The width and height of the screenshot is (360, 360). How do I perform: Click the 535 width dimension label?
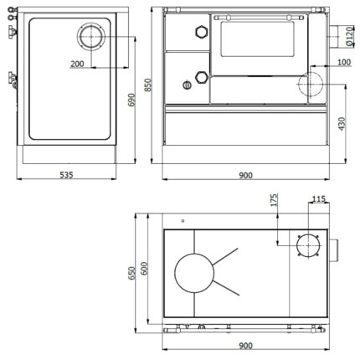[66, 175]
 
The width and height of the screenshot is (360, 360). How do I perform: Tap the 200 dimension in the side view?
[77, 64]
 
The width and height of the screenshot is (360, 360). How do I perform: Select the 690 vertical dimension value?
[131, 100]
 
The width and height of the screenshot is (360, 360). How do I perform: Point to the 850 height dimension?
[148, 85]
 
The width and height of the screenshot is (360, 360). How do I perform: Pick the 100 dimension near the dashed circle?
[344, 62]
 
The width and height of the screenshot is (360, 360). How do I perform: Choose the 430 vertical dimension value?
[342, 124]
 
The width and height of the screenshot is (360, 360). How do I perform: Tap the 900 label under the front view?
[245, 175]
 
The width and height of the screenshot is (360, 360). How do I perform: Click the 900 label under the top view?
[245, 346]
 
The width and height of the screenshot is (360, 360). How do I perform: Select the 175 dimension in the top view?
[274, 200]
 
